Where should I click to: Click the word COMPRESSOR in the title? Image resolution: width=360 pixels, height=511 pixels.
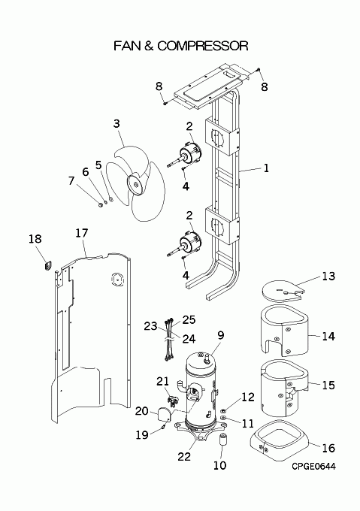(202, 46)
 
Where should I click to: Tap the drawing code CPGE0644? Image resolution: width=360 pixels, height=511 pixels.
(313, 467)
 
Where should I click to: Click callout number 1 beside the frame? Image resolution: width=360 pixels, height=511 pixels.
(266, 168)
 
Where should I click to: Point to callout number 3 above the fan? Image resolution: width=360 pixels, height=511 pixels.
(116, 123)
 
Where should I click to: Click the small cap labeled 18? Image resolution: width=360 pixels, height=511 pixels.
(48, 265)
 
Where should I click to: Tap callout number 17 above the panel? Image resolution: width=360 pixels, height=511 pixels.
(82, 233)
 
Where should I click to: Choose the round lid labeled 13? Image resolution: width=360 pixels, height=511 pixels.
(283, 292)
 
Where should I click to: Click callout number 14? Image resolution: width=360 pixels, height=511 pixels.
(328, 336)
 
